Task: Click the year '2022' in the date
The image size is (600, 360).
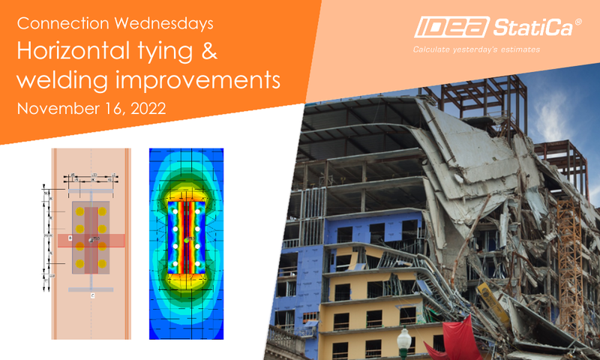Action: point(145,109)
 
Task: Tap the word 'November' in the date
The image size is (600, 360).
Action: point(53,109)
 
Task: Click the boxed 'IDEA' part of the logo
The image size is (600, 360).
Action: point(449,29)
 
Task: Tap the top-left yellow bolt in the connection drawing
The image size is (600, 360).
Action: point(79,211)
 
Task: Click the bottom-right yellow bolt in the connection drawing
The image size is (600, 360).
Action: point(102,265)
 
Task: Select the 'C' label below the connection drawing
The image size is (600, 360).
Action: point(91,295)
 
